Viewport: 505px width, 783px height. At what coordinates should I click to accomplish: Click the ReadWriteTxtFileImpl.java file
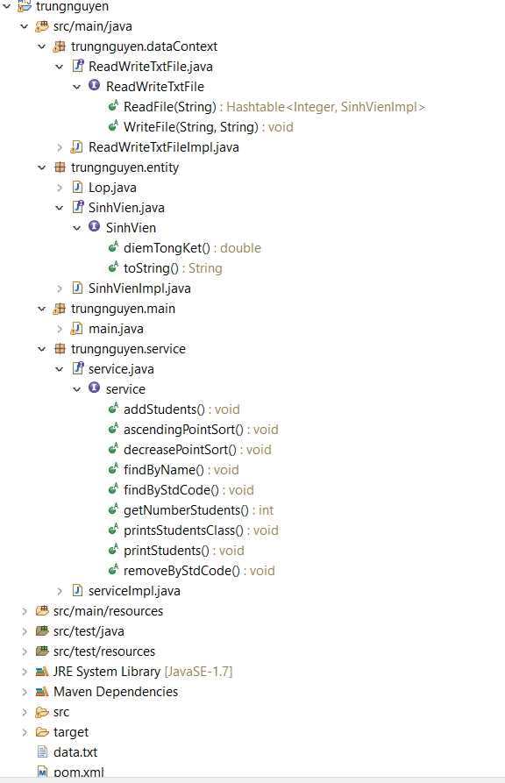pyautogui.click(x=163, y=147)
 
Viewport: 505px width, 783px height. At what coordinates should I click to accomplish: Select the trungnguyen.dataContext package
pyautogui.click(x=144, y=46)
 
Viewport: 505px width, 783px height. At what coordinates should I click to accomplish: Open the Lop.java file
pyautogui.click(x=112, y=188)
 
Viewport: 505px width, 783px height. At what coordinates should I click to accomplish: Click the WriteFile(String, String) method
pyautogui.click(x=190, y=127)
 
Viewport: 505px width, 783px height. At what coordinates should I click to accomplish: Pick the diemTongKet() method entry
pyautogui.click(x=167, y=248)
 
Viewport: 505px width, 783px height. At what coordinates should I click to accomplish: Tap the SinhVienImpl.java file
pyautogui.click(x=139, y=288)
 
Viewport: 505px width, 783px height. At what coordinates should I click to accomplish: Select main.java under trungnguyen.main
pyautogui.click(x=116, y=329)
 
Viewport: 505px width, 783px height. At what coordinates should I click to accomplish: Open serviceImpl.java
pyautogui.click(x=134, y=591)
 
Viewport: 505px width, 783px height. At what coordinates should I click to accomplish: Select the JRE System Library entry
pyautogui.click(x=107, y=672)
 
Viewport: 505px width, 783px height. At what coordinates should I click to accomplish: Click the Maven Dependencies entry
pyautogui.click(x=115, y=692)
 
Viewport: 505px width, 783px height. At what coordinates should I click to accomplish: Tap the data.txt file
pyautogui.click(x=75, y=752)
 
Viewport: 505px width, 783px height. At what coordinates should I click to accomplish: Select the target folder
pyautogui.click(x=70, y=732)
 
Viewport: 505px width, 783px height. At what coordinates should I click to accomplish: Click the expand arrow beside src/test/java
pyautogui.click(x=25, y=631)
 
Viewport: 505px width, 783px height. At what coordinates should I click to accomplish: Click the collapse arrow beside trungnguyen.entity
pyautogui.click(x=42, y=167)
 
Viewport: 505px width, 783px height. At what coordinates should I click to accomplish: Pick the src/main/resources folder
pyautogui.click(x=108, y=611)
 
